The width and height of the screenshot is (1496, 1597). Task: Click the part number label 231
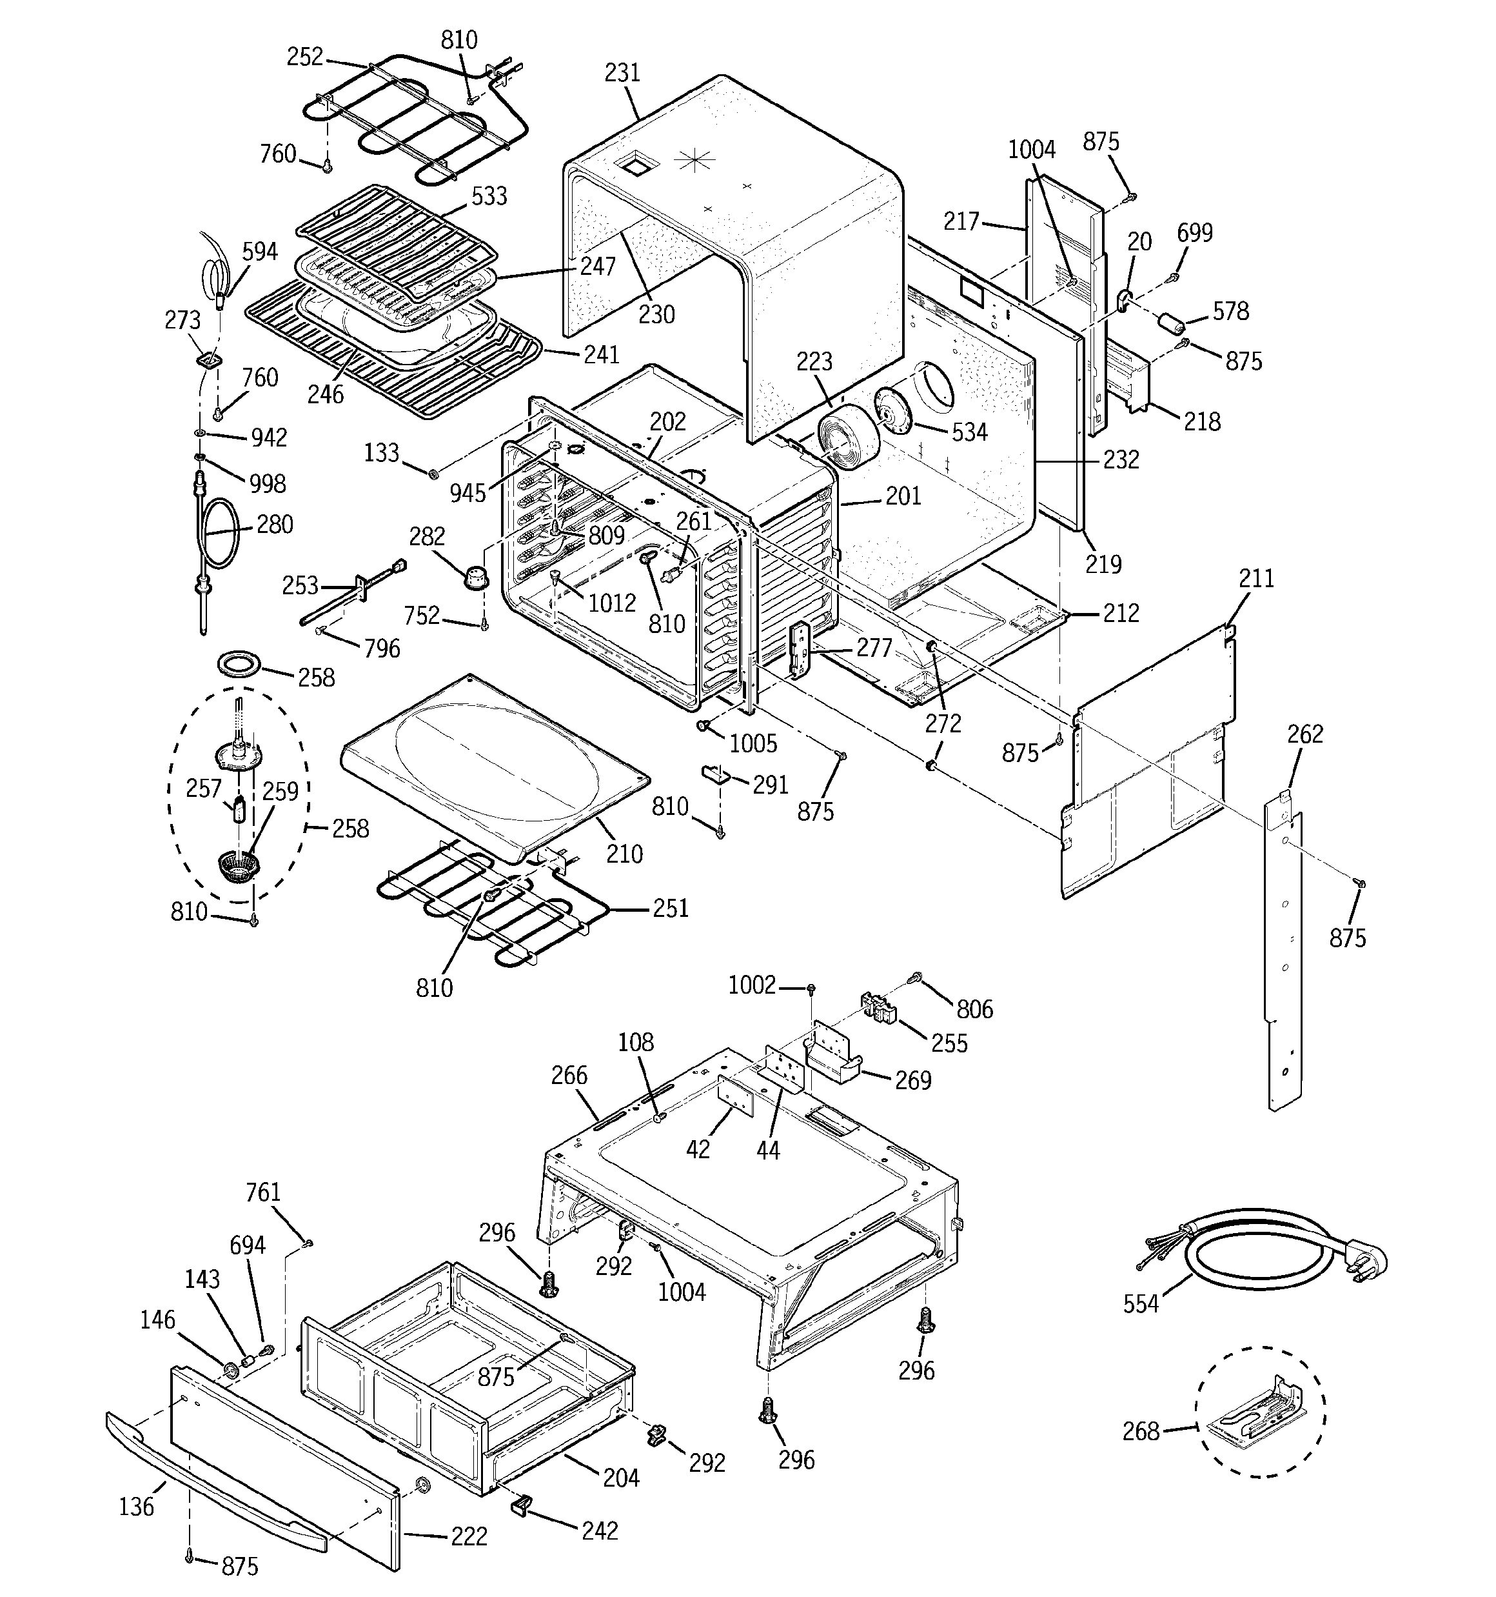pos(622,73)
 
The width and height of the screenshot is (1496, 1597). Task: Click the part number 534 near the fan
pos(969,432)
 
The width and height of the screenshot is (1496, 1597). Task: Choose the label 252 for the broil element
pos(304,56)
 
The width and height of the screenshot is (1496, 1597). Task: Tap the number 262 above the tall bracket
pos(1305,734)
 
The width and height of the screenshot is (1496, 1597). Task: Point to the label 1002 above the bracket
pos(752,985)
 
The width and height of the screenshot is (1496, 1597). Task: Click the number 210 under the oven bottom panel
pos(624,854)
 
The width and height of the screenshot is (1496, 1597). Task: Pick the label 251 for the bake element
pos(671,909)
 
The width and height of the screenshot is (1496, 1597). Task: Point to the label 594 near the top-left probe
pos(259,252)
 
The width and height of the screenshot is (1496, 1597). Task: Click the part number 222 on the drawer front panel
pos(468,1536)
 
